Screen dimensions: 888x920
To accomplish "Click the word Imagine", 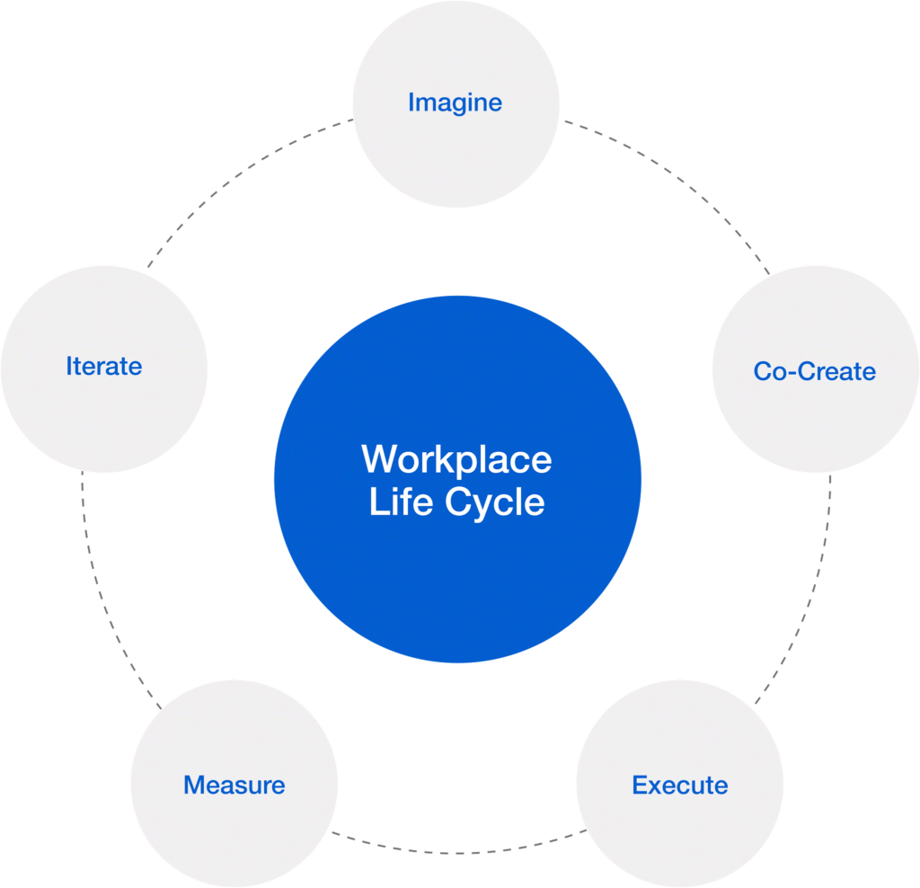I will pos(455,102).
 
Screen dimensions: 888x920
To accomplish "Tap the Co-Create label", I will pos(814,371).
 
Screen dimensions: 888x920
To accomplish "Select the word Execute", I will pos(679,785).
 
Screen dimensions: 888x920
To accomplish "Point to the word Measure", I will pos(234,785).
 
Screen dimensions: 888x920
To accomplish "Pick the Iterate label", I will pos(103,367).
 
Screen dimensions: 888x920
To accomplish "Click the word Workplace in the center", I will pos(456,459).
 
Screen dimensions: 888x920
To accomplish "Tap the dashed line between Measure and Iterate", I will pos(99,593).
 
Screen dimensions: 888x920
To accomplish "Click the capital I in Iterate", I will pos(69,367).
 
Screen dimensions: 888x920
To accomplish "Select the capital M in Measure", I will pos(194,785).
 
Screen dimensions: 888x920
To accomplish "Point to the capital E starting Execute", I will pos(640,785).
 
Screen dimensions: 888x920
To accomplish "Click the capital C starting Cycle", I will pos(461,502).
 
